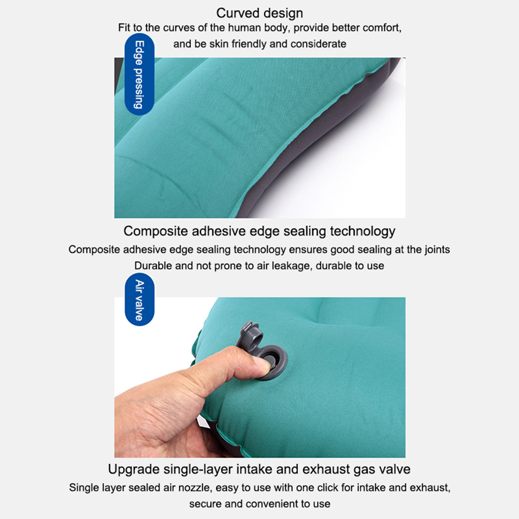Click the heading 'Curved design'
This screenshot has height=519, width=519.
[259, 13]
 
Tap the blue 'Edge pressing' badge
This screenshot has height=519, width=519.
[139, 74]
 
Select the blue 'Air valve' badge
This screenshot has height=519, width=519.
[139, 299]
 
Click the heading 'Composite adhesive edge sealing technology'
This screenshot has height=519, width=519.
[259, 231]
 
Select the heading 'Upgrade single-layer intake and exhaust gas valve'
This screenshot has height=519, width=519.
[259, 469]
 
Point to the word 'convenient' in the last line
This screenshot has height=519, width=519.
[272, 504]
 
